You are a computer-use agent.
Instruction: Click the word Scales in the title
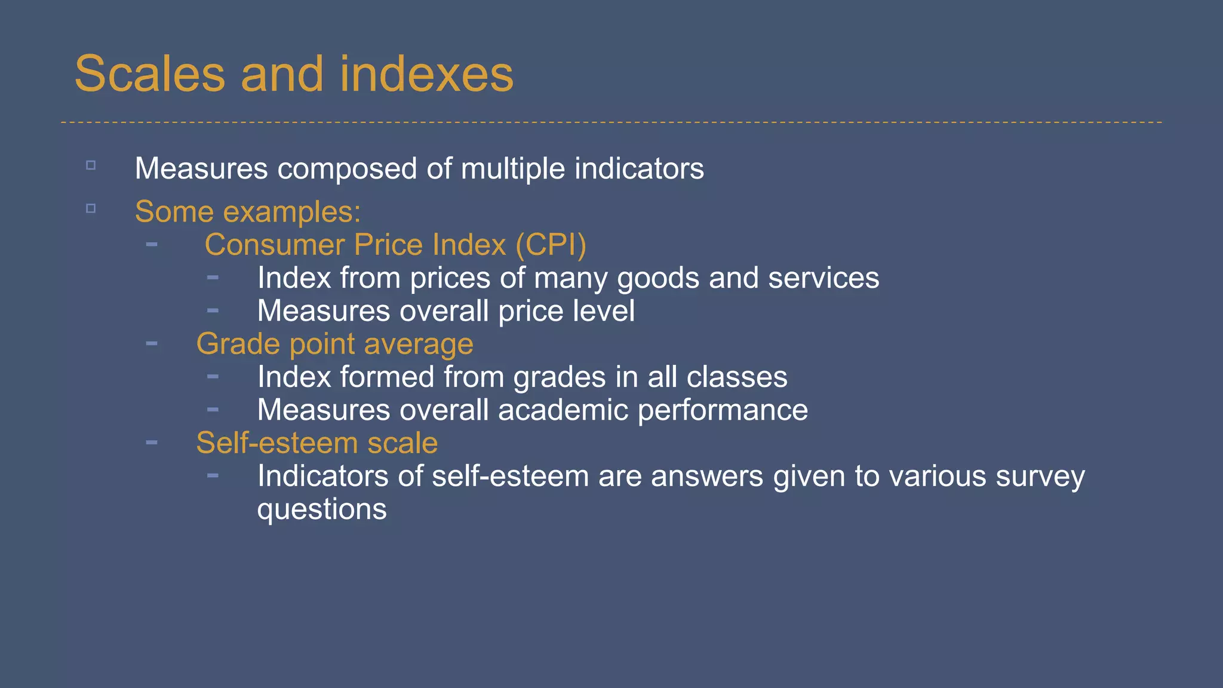point(150,74)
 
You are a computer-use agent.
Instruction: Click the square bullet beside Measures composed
point(91,165)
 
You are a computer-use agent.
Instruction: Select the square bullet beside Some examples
point(91,208)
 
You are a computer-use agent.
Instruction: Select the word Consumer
point(275,245)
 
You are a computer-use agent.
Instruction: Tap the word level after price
point(603,311)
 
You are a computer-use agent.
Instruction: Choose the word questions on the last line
point(322,510)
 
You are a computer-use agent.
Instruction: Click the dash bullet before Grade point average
point(152,343)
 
